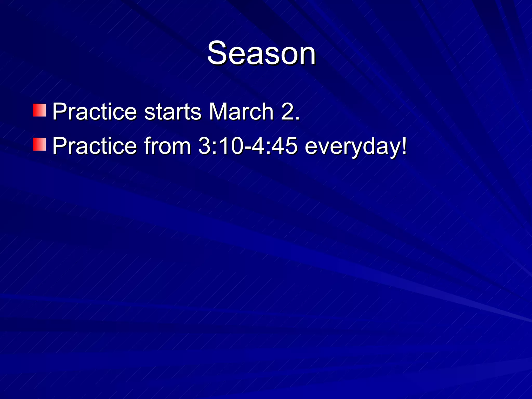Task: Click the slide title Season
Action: pos(261,53)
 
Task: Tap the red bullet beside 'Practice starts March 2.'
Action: pos(39,110)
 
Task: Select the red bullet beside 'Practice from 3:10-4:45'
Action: pos(39,144)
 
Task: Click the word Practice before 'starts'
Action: pos(95,112)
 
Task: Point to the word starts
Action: pos(172,112)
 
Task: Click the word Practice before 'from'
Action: pos(95,146)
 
